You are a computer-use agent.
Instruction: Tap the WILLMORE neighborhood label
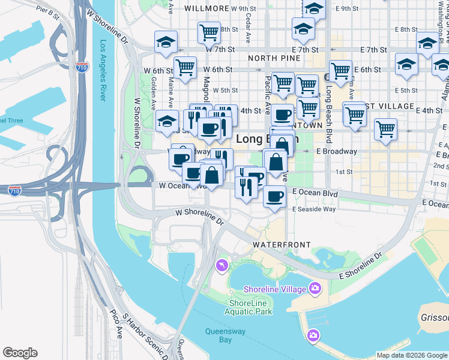click(x=207, y=8)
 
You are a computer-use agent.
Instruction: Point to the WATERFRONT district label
click(x=282, y=245)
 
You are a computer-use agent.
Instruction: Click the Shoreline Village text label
click(x=275, y=289)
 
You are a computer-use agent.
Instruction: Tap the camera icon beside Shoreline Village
click(x=315, y=289)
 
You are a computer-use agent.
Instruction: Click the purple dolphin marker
click(x=222, y=265)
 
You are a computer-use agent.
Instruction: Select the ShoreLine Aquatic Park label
click(x=250, y=307)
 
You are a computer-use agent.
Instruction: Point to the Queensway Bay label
click(x=218, y=335)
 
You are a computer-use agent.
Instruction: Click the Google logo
click(x=20, y=353)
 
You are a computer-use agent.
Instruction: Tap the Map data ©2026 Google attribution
click(x=412, y=355)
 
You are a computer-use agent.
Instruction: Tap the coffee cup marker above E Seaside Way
click(x=274, y=196)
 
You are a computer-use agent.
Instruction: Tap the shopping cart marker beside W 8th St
click(x=209, y=32)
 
